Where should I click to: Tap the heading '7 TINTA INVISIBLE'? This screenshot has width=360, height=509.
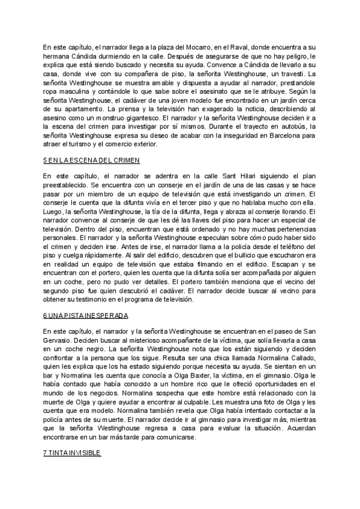72,452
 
